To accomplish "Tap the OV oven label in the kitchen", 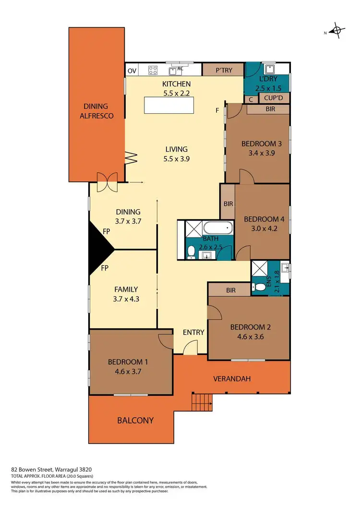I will click(x=132, y=71).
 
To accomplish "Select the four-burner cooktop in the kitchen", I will click(x=153, y=71).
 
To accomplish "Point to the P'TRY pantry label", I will click(x=224, y=70).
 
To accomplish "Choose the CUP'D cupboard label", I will click(x=274, y=99).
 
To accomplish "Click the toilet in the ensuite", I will click(x=259, y=287).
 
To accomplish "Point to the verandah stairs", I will click(x=202, y=399).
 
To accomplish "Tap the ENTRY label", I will click(x=193, y=332).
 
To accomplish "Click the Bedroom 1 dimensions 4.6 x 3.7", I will click(x=124, y=371).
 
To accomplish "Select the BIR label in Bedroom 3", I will click(x=271, y=109).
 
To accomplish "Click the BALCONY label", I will click(x=135, y=420).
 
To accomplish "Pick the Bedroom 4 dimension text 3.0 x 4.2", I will click(x=264, y=229).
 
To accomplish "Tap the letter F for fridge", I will click(x=217, y=110).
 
